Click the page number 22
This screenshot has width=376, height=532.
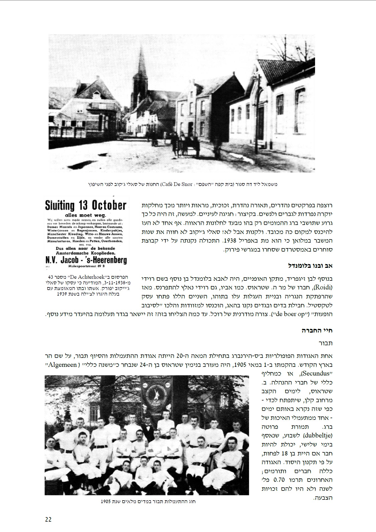[x=48, y=519]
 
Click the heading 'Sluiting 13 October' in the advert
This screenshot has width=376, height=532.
[x=86, y=206]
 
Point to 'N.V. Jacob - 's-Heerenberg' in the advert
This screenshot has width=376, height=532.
[x=86, y=259]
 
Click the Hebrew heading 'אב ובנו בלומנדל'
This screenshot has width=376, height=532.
[x=311, y=266]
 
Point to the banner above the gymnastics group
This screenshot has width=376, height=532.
[x=152, y=396]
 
